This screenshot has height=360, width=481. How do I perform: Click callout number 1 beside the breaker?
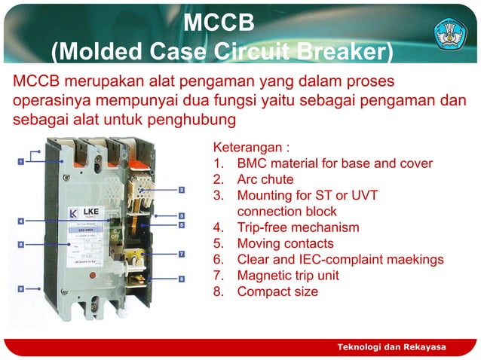(23, 160)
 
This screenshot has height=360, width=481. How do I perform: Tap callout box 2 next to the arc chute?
(182, 190)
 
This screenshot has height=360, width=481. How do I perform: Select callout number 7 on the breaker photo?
(182, 254)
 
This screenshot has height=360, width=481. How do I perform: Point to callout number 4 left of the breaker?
(21, 221)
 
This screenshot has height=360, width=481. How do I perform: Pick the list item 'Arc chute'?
(265, 179)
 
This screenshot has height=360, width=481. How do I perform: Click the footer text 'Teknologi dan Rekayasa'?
(391, 346)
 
